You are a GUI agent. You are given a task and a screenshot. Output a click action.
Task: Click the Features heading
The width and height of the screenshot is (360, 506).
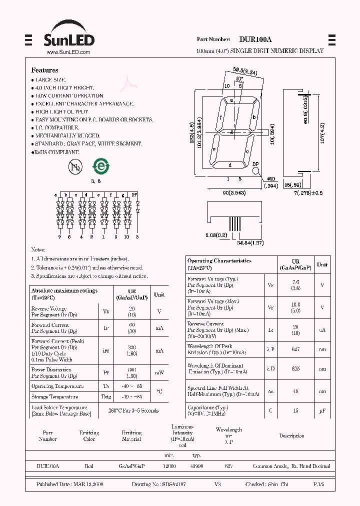tap(44, 70)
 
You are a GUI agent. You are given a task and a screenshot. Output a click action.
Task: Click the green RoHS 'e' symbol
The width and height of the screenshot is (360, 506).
tap(100, 167)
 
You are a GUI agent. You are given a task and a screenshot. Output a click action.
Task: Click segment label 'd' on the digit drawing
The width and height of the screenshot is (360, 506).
tap(230, 164)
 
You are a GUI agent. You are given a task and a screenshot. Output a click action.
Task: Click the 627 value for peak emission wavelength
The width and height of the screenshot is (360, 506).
tap(295, 349)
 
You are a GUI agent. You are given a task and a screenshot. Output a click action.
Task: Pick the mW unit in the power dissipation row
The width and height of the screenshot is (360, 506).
tap(159, 373)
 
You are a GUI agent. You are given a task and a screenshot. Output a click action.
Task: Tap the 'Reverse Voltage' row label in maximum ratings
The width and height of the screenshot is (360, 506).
tap(49, 309)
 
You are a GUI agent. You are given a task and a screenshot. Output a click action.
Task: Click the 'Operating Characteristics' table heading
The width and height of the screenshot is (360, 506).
tap(219, 261)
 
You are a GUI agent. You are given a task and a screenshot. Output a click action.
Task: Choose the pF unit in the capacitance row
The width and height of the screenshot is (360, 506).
tap(322, 410)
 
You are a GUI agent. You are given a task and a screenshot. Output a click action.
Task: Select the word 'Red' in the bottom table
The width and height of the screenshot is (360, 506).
tap(89, 466)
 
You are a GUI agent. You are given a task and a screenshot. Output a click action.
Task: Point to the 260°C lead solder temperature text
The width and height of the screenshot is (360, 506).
tap(133, 410)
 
